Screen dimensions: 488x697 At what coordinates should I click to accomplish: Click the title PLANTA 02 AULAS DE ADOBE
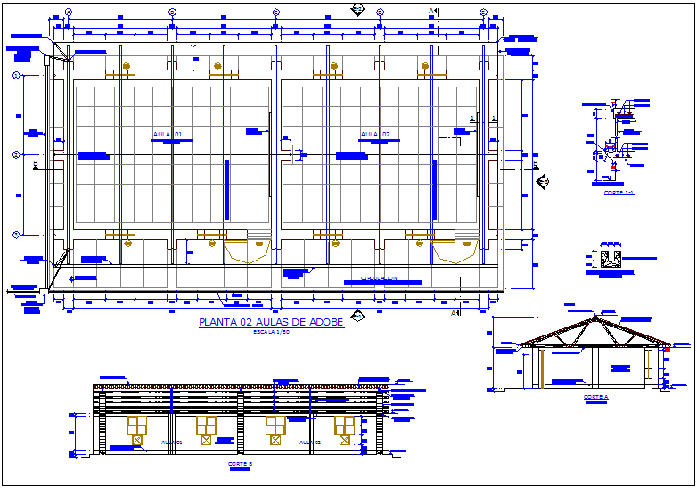tap(271, 323)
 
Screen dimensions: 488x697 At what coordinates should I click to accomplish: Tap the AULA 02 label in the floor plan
tap(374, 135)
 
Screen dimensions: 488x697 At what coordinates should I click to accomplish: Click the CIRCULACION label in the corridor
tap(379, 278)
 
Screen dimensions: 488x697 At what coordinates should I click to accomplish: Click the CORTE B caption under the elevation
tap(240, 465)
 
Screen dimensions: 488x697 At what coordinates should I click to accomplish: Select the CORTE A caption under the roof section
tap(595, 397)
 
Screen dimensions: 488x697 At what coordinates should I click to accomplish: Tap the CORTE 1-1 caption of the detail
tap(618, 193)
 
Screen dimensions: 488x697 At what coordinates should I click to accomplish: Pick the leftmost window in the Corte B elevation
tap(137, 426)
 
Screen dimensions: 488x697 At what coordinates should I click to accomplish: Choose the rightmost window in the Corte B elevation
tap(344, 426)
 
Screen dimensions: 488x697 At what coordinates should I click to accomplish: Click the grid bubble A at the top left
tap(70, 12)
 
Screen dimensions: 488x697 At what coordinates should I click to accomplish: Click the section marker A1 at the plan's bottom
tap(455, 313)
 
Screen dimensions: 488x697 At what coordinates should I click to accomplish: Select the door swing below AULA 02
tap(455, 253)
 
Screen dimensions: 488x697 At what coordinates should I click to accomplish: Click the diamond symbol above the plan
tap(357, 8)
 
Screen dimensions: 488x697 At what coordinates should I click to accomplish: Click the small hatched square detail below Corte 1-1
tap(611, 260)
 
